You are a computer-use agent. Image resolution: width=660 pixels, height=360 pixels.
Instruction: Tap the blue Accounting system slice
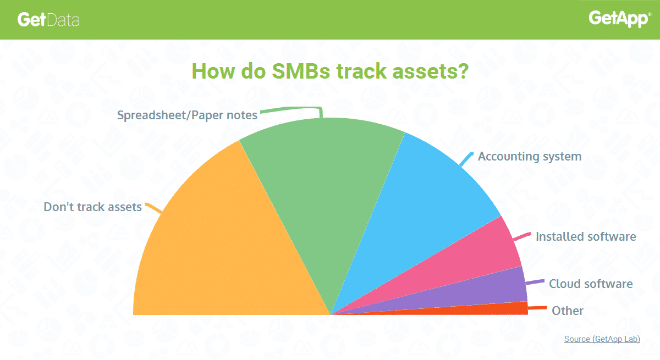(x=419, y=206)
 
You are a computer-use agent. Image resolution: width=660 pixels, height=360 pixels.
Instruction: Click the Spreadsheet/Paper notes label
(x=187, y=115)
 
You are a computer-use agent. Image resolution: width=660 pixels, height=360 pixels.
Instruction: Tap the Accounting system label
(x=530, y=156)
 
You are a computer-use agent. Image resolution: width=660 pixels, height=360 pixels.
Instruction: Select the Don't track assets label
(x=92, y=207)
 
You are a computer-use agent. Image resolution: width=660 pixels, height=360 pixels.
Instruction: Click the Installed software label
(x=586, y=236)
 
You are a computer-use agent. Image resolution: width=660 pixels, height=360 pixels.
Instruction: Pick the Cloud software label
(x=591, y=284)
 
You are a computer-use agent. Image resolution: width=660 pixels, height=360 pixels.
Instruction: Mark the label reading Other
(x=567, y=311)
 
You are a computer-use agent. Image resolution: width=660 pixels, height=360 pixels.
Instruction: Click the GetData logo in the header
(x=48, y=20)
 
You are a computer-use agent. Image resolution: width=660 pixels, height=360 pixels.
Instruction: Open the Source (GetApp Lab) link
(x=602, y=339)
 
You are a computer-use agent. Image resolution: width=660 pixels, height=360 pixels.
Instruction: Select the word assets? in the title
(x=431, y=71)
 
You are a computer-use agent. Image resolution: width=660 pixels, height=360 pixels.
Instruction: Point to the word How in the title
(x=213, y=71)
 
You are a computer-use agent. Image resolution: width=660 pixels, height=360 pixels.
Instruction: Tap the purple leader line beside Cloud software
(x=535, y=283)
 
